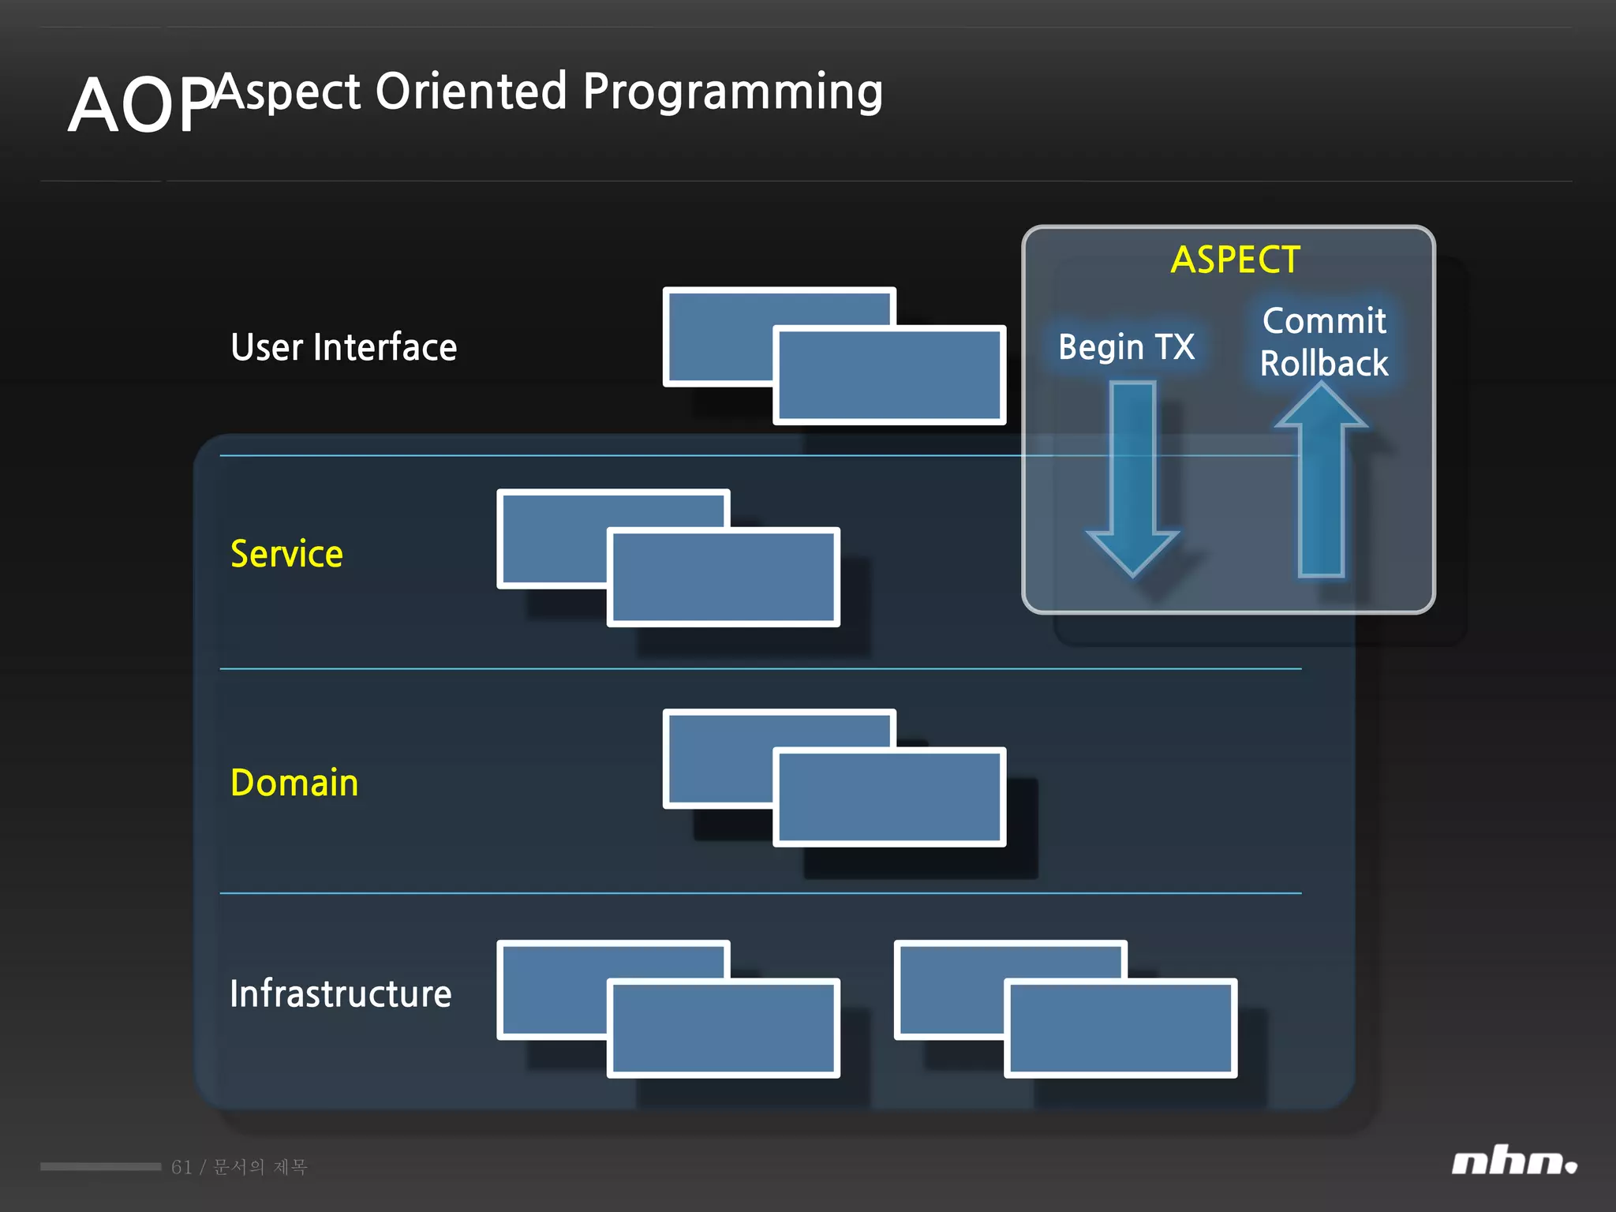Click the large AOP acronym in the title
click(x=140, y=106)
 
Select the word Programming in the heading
click(x=732, y=93)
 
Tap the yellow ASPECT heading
click(x=1235, y=260)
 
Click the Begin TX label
click(x=1126, y=346)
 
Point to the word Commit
click(x=1323, y=321)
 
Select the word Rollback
click(x=1323, y=364)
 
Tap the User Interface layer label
click(x=343, y=347)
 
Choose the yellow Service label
click(x=286, y=554)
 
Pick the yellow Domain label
click(x=294, y=783)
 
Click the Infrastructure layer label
click(x=340, y=993)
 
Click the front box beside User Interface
click(x=889, y=376)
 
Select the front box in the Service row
click(x=723, y=578)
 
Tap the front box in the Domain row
click(x=889, y=797)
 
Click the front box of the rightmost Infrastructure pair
click(x=1120, y=1028)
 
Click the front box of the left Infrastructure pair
click(x=723, y=1028)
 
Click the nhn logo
click(x=1513, y=1162)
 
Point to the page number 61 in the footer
click(x=181, y=1167)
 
